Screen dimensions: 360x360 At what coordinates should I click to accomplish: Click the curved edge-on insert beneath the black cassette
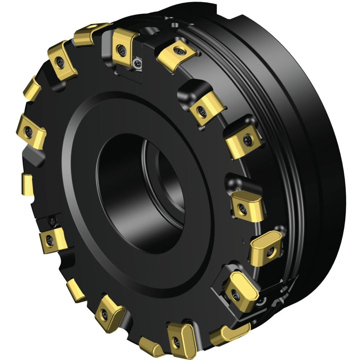(x=230, y=333)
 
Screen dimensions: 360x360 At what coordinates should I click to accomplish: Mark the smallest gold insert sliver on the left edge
(x=27, y=185)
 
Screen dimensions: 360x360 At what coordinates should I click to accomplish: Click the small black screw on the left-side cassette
(x=52, y=220)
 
